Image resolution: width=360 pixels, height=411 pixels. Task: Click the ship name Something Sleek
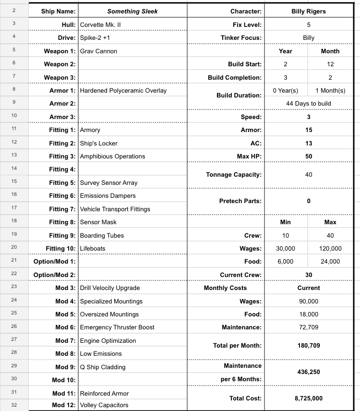(132, 12)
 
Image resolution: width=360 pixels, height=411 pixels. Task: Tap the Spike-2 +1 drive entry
(95, 37)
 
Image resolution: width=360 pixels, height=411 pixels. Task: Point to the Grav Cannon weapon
(98, 51)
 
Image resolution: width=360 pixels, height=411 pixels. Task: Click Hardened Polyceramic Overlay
(123, 90)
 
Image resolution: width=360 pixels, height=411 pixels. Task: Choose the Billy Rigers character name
(309, 12)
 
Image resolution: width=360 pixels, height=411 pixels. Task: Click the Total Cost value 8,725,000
(309, 399)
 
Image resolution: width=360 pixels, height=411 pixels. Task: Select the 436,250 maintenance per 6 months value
(309, 372)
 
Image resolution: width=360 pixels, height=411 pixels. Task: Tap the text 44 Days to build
(309, 103)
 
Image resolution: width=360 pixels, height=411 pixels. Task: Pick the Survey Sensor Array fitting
(108, 182)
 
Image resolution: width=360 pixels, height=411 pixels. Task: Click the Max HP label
(249, 156)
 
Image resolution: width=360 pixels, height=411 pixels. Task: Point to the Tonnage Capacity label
(234, 175)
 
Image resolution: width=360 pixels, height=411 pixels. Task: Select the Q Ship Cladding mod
(103, 367)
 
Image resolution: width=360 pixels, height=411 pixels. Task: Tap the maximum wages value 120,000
(330, 248)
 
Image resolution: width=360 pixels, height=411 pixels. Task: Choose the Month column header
(330, 51)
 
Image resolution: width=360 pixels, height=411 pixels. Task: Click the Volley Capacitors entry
(104, 405)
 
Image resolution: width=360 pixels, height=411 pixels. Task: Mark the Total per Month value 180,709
(309, 345)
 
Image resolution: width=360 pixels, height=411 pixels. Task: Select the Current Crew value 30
(309, 275)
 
